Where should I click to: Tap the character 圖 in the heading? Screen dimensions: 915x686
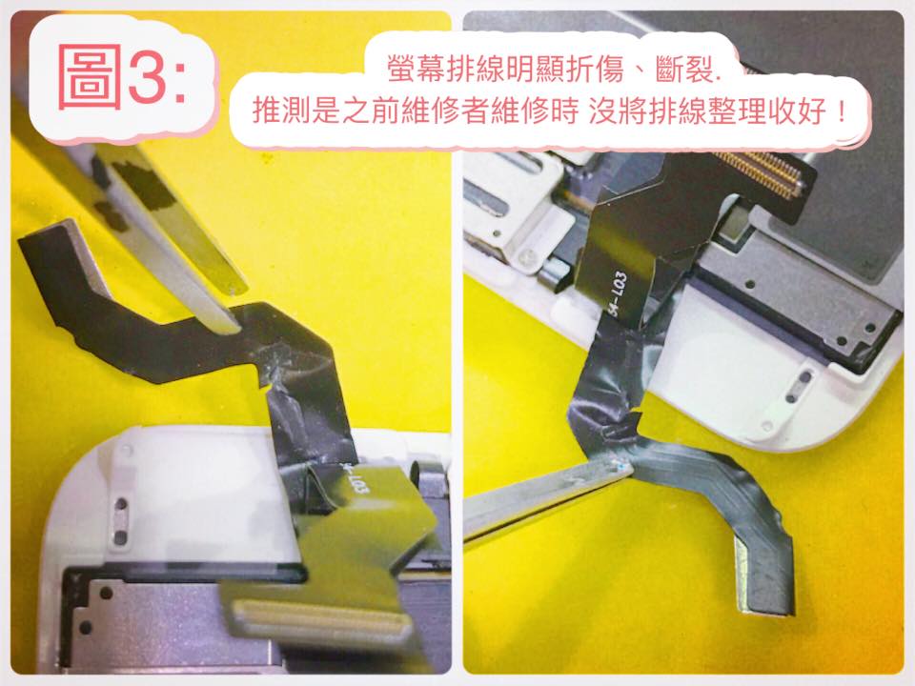(90, 76)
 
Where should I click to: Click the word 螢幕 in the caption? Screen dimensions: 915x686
(417, 70)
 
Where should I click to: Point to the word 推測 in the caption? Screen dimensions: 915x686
(281, 111)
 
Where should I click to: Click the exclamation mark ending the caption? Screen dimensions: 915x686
(841, 111)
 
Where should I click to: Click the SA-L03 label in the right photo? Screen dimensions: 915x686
(618, 294)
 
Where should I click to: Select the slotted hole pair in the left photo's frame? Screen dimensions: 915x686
(120, 521)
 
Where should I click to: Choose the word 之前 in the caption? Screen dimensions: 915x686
(371, 111)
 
